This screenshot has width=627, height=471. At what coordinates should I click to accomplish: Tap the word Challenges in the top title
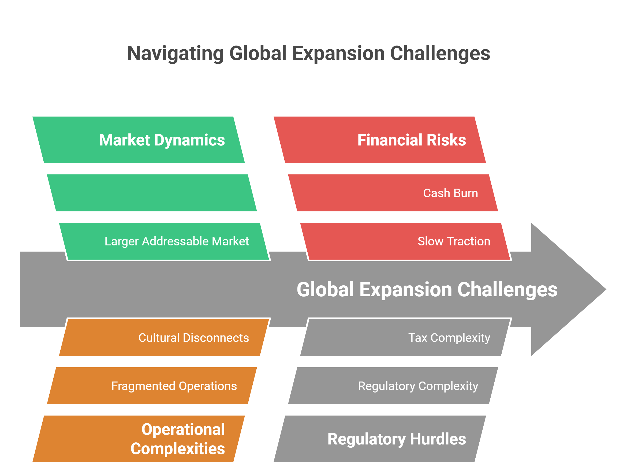click(x=440, y=53)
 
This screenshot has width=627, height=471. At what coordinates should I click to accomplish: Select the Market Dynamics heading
click(x=162, y=140)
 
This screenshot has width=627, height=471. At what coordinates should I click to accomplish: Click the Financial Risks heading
click(x=411, y=140)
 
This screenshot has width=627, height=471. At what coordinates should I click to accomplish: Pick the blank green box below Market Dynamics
click(x=152, y=193)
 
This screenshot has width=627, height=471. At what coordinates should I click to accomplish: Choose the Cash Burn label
click(x=450, y=193)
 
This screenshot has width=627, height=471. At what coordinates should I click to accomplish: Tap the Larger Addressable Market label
click(x=177, y=241)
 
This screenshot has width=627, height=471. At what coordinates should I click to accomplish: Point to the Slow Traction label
click(x=454, y=241)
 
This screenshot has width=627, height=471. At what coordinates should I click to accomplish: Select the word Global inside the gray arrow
click(x=325, y=290)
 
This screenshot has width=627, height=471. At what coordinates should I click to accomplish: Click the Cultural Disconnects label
click(x=194, y=338)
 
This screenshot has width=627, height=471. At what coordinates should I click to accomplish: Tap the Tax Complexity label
click(x=449, y=338)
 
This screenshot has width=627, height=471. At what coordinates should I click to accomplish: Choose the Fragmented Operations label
click(x=174, y=386)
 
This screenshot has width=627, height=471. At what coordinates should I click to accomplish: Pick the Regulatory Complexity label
click(x=418, y=386)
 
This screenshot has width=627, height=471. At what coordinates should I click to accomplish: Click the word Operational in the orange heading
click(x=183, y=429)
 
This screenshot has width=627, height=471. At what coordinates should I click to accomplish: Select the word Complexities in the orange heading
click(x=178, y=448)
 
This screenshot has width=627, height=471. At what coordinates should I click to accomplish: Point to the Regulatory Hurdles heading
click(x=397, y=439)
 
